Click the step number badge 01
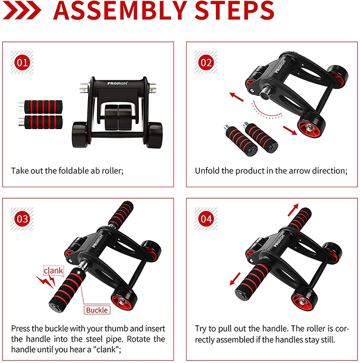coord(22,63)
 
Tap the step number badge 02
coord(206,63)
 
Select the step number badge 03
coord(22,219)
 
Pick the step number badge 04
coord(206,219)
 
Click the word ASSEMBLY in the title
coord(120,10)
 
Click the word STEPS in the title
coord(235,10)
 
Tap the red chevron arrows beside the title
coord(22,11)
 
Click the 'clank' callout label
coord(53,270)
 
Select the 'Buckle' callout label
coord(97,310)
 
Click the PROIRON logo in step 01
coord(118,83)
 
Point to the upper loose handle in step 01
coord(40,107)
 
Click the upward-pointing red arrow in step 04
coord(293,210)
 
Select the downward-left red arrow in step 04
coord(235,279)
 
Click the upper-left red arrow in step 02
coord(236,97)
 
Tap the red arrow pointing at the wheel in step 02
coord(290,130)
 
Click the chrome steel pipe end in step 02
coord(265,93)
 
